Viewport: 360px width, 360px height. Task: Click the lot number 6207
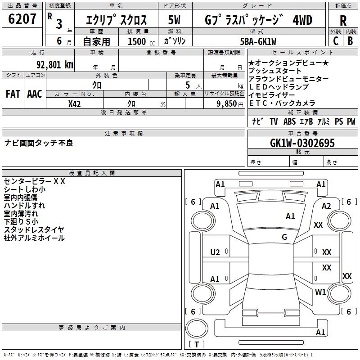click(x=22, y=20)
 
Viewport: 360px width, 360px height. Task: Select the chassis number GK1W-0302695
click(x=302, y=143)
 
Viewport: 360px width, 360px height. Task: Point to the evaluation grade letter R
click(x=343, y=20)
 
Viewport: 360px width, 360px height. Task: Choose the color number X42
click(x=75, y=103)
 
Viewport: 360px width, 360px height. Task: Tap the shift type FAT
click(x=12, y=94)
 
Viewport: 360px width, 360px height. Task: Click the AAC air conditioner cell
click(x=35, y=94)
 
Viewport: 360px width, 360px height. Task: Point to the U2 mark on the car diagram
click(x=215, y=252)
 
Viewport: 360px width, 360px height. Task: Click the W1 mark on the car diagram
click(x=320, y=292)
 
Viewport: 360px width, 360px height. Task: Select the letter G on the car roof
click(x=284, y=237)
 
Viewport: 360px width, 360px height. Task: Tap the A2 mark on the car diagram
click(x=326, y=206)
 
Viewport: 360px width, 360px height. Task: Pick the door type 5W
click(x=175, y=20)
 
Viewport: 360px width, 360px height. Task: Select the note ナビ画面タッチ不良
click(x=39, y=143)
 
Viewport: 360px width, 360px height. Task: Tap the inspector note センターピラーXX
click(x=35, y=181)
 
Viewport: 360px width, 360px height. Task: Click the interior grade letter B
click(x=350, y=41)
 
